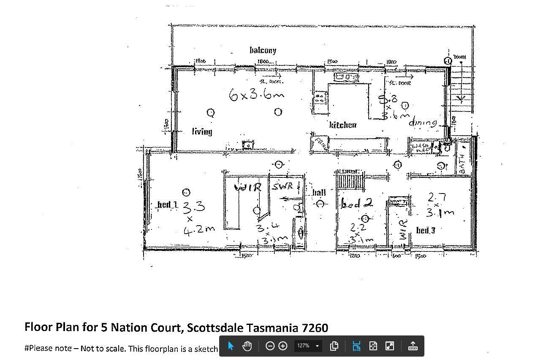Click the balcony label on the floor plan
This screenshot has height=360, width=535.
tap(263, 50)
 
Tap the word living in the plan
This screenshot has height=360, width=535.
tap(202, 131)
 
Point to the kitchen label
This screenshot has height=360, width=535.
tap(342, 125)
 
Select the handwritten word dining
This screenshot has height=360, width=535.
tap(422, 123)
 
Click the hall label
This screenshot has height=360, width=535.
tap(319, 193)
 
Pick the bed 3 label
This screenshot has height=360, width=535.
tap(425, 230)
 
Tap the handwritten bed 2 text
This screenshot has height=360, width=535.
tap(356, 204)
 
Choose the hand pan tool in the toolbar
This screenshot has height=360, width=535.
tap(247, 346)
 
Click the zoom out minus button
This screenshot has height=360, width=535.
tap(270, 346)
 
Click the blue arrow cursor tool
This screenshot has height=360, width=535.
tap(231, 346)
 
